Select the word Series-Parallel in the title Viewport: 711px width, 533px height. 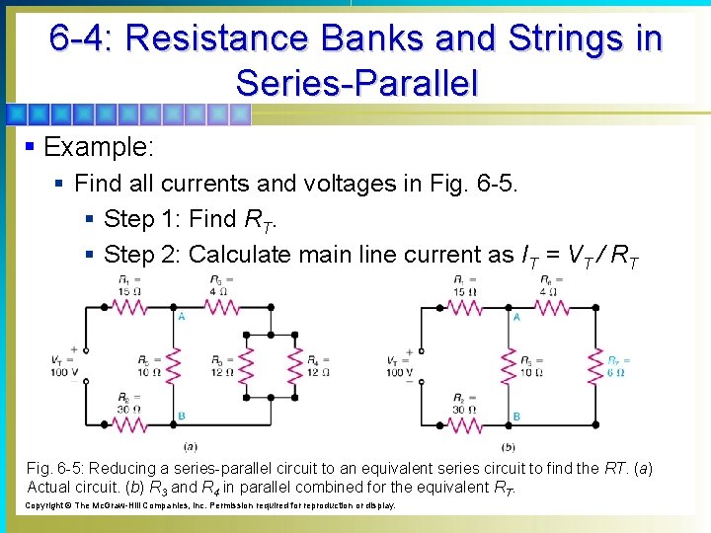point(356,82)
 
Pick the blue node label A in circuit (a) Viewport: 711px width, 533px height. point(182,317)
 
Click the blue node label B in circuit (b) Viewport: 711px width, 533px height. point(516,418)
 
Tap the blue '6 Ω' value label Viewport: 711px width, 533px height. point(616,372)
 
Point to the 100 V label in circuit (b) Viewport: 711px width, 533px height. point(400,372)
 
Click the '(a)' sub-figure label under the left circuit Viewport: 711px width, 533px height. point(189,446)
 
